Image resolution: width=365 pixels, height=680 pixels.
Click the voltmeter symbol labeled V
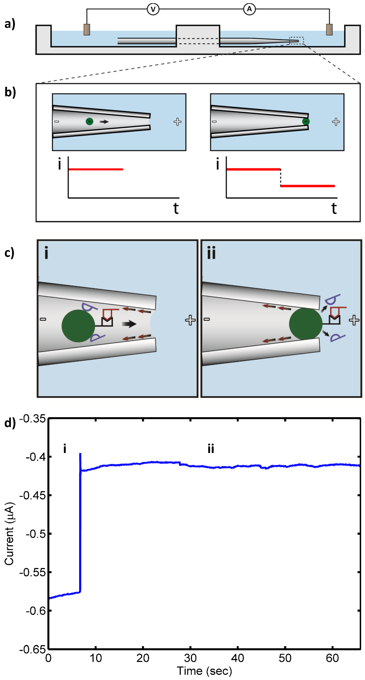pos(153,10)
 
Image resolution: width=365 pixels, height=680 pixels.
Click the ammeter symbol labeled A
pos(249,10)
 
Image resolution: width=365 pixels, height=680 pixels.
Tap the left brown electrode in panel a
pos(87,29)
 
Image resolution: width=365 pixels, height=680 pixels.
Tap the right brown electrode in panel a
pos(329,29)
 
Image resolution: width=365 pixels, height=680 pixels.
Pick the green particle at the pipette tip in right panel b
pos(306,121)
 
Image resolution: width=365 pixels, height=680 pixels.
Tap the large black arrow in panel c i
pos(129,324)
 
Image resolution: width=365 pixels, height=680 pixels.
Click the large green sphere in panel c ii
pos(306,324)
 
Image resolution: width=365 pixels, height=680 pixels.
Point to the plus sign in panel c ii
pos(354,320)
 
